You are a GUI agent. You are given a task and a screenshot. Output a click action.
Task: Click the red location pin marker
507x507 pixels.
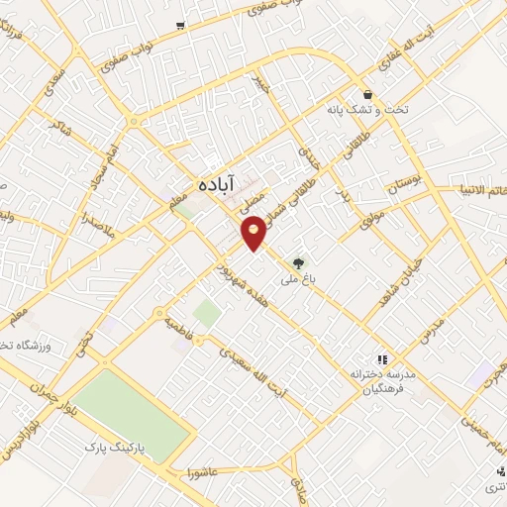254,233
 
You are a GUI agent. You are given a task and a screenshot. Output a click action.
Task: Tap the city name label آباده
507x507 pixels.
208,185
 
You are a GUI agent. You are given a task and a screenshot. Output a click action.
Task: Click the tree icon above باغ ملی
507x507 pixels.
298,262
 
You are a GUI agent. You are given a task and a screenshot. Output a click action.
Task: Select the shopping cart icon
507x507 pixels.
179,26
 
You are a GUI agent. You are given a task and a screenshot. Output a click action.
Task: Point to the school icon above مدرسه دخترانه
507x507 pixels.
380,359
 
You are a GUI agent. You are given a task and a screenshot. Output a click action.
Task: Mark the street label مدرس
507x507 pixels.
427,332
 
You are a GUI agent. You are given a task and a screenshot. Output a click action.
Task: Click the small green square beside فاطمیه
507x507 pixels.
206,314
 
